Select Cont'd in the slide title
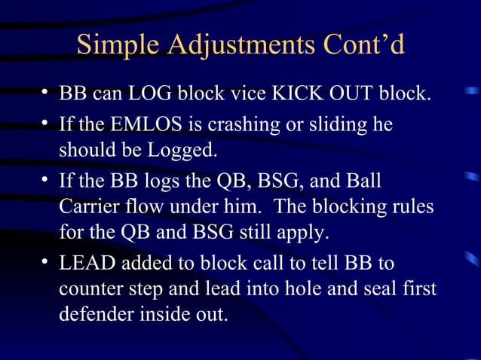[x=360, y=46]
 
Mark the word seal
[x=370, y=288]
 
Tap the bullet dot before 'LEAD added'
[x=46, y=262]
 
